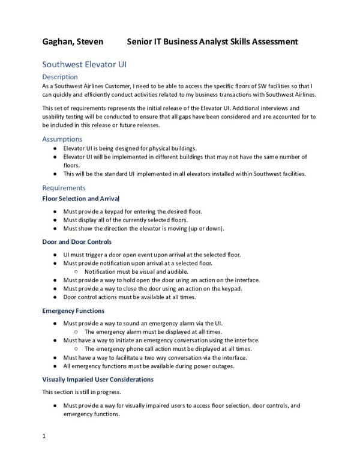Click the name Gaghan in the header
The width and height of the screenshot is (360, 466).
[x=59, y=41]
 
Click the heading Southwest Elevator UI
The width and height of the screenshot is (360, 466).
[x=84, y=64]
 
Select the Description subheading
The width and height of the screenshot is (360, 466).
[x=60, y=77]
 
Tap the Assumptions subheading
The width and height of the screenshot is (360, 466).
[x=62, y=139]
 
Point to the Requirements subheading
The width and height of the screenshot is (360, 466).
[x=64, y=188]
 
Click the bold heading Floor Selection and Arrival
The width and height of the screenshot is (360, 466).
[x=80, y=199]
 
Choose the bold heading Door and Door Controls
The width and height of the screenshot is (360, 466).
[x=77, y=242]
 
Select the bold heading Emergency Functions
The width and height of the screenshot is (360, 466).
[x=73, y=311]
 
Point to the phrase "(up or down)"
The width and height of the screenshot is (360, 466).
[x=203, y=229]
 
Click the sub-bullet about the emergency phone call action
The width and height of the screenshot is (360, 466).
[x=168, y=349]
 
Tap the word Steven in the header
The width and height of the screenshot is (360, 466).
[x=91, y=41]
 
